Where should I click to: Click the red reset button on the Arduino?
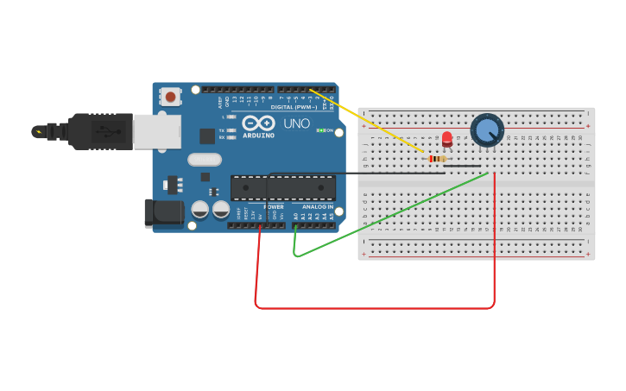click(171, 97)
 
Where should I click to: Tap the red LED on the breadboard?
click(446, 139)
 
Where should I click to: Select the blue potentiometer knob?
click(487, 130)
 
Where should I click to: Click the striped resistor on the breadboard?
click(438, 159)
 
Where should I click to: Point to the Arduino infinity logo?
click(258, 123)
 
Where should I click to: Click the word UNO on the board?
click(297, 123)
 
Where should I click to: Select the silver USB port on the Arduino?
click(156, 130)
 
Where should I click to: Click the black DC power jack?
click(163, 212)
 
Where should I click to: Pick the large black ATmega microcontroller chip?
click(283, 187)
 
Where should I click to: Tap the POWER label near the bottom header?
click(274, 207)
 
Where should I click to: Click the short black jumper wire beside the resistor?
click(465, 166)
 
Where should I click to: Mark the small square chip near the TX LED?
click(207, 136)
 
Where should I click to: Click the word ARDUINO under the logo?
click(258, 136)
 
